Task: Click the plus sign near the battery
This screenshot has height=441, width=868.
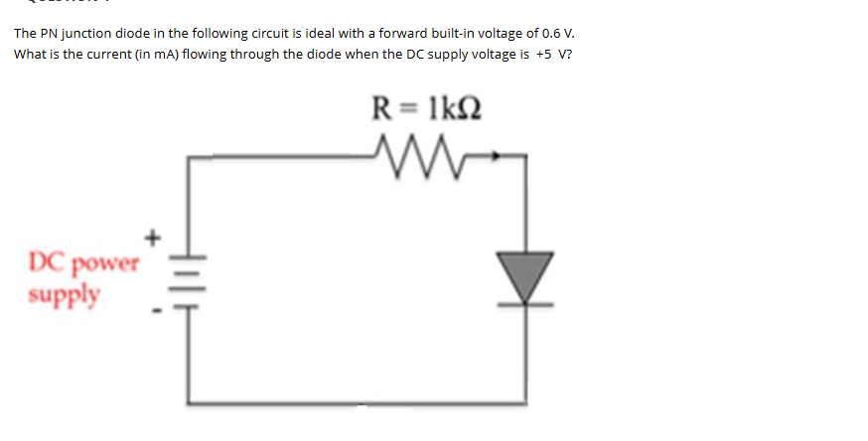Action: tap(152, 237)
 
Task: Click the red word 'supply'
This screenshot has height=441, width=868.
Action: tap(65, 295)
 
